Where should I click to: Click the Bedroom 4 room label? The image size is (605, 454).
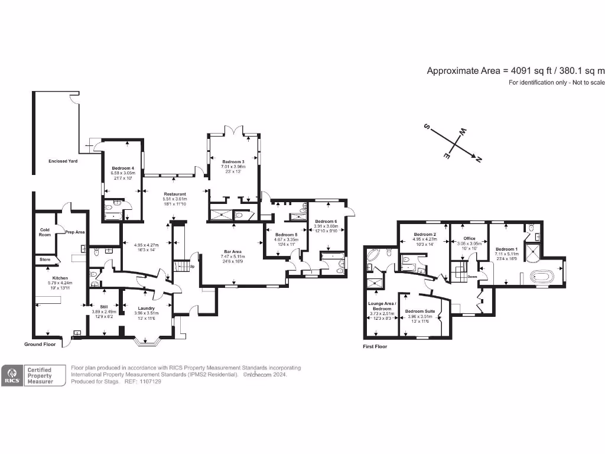[x=123, y=168]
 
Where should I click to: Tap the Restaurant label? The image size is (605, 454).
[x=174, y=194]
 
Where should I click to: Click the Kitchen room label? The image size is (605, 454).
[x=60, y=278]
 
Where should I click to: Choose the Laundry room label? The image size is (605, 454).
[x=146, y=308]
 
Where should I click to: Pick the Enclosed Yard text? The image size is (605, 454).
[x=63, y=161]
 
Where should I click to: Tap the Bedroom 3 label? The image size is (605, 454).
[x=233, y=162]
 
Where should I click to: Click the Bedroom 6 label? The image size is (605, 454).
[x=326, y=221]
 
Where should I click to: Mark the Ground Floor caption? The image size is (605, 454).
[x=40, y=344]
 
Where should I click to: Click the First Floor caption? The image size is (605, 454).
[x=375, y=346]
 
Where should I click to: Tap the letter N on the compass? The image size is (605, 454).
[x=479, y=158]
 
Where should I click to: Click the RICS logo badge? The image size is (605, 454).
[x=12, y=376]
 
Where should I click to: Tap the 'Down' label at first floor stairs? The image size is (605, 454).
[x=472, y=276]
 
